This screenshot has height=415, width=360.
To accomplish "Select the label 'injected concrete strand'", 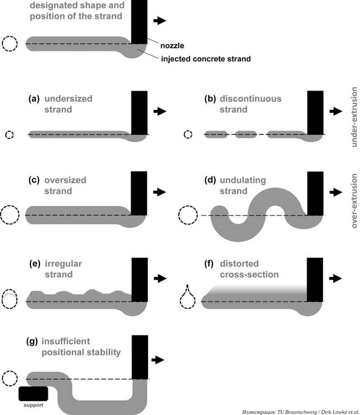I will coord(206,59).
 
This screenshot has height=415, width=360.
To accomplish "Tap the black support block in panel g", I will coord(34,394).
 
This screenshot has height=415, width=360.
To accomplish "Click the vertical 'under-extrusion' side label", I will coord(355,117).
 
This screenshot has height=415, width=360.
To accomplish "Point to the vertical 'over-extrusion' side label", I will coord(355,200).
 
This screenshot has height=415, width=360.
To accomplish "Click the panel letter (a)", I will coord(34,99).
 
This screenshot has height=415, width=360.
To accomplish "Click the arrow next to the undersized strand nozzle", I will coord(159,111).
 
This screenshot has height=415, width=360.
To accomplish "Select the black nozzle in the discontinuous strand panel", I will coord(315,112).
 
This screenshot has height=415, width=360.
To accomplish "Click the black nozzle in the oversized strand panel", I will coord(139,193).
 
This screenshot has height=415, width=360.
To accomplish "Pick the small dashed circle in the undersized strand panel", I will coord(9,134).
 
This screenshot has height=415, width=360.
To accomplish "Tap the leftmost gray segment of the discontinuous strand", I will coord(216,134).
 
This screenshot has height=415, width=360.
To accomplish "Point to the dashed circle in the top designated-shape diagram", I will coord(10,43).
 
